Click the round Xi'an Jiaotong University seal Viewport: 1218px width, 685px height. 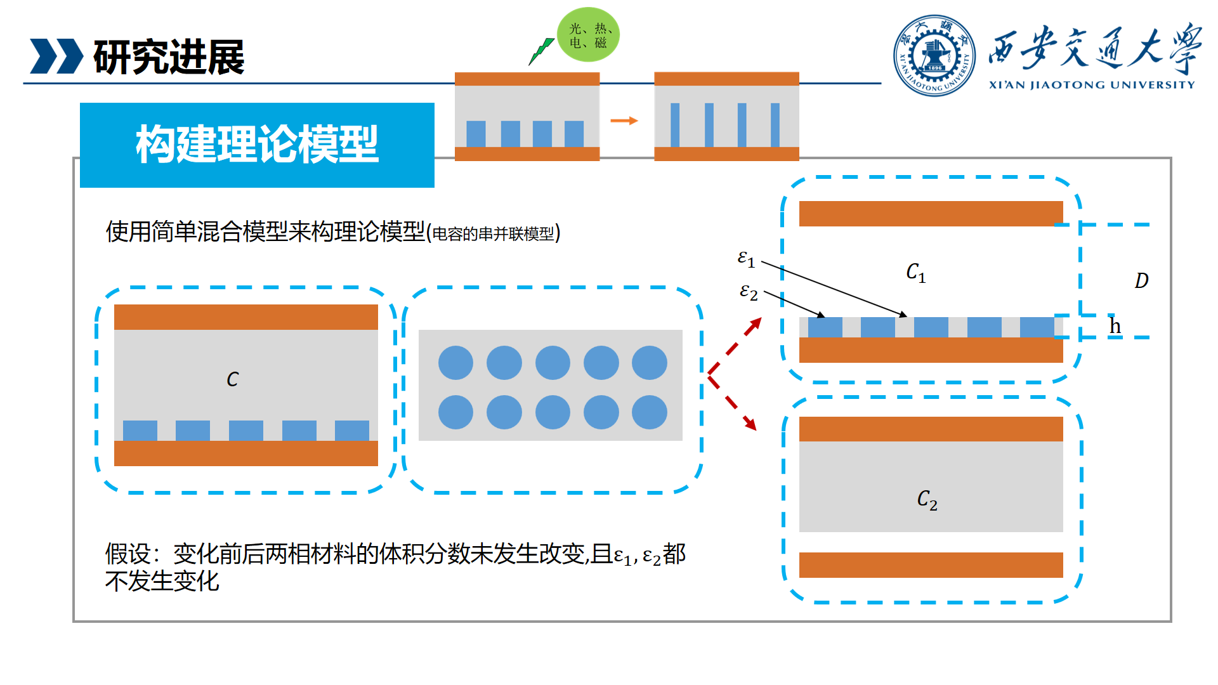point(934,56)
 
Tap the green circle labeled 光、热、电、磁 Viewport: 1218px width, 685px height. point(588,35)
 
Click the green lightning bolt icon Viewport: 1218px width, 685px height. point(540,51)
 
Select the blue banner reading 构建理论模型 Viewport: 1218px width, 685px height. point(257,145)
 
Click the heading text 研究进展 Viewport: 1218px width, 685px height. point(169,57)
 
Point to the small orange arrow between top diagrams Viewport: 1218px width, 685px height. point(624,121)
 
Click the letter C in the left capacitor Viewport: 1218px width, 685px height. point(233,379)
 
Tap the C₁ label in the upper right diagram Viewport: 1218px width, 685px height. point(915,272)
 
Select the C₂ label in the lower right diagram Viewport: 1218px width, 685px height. point(927,500)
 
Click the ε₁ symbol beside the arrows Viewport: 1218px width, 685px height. point(746,258)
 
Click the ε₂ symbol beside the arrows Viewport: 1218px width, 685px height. point(749,292)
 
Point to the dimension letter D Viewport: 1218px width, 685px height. point(1141,280)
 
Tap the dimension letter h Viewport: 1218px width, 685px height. point(1115,326)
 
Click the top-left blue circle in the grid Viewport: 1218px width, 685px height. point(455,363)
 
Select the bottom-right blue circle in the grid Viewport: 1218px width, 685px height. point(649,412)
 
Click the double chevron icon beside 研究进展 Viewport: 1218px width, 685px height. point(56,56)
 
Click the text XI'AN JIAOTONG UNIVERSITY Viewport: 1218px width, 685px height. point(1091,85)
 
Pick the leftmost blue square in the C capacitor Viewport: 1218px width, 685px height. point(140,431)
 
